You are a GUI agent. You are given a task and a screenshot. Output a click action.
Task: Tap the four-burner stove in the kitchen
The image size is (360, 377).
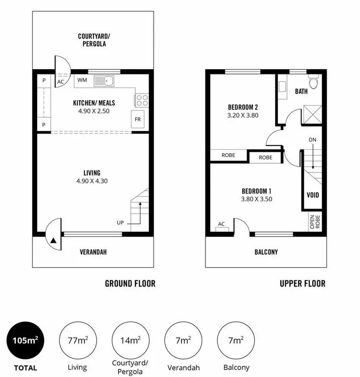click(x=142, y=100)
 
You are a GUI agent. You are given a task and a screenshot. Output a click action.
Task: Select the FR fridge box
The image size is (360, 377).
click(x=138, y=119)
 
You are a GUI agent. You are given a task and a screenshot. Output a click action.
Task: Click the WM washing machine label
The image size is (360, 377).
click(x=82, y=80)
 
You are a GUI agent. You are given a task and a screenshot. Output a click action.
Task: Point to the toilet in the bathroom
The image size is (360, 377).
click(x=314, y=83)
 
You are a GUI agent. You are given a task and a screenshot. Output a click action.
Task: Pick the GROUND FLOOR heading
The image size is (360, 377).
click(x=130, y=283)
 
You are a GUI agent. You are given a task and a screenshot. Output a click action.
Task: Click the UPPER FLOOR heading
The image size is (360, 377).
click(x=302, y=283)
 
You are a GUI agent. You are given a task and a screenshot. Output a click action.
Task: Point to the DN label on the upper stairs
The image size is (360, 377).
click(x=312, y=139)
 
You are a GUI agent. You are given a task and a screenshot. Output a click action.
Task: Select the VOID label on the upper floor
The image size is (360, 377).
click(x=312, y=195)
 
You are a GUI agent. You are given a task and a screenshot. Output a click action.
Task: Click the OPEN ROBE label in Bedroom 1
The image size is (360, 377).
click(x=312, y=221)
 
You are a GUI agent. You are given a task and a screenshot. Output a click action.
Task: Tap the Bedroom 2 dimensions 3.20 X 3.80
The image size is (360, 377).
click(x=243, y=115)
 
